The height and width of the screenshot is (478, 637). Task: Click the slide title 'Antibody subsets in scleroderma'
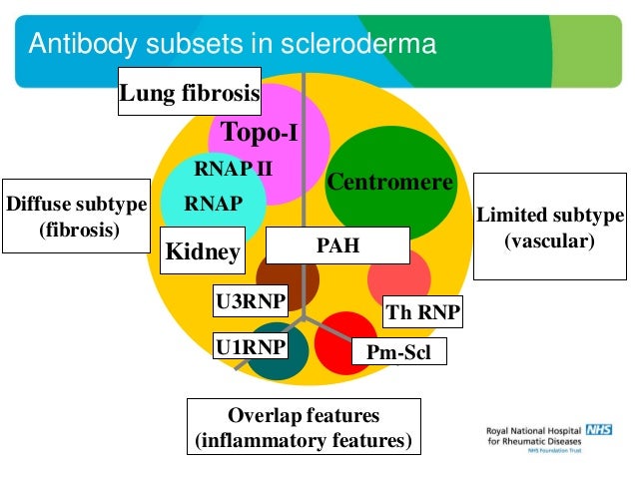click(232, 44)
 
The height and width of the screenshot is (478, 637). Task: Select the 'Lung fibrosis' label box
click(190, 93)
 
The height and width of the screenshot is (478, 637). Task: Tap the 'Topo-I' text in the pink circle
click(260, 132)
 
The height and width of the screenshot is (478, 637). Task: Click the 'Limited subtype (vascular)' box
click(549, 228)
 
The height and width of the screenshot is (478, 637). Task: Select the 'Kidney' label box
click(203, 251)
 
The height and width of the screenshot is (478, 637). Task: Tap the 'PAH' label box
click(337, 245)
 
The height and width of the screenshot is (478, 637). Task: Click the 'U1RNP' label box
click(246, 346)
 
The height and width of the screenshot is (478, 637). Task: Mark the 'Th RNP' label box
click(422, 313)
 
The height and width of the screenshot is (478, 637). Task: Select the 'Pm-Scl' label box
click(397, 351)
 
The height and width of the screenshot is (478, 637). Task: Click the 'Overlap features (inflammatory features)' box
click(304, 427)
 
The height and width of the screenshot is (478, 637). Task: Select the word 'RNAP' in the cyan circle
click(213, 204)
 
